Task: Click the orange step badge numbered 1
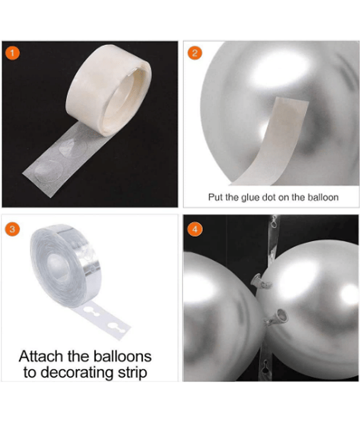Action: pyautogui.click(x=12, y=53)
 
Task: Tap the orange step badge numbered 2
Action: pyautogui.click(x=194, y=53)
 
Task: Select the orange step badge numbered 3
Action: pyautogui.click(x=12, y=229)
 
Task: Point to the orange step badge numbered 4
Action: pyautogui.click(x=194, y=229)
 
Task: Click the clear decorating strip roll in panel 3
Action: pyautogui.click(x=66, y=265)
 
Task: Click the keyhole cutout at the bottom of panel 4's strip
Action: pyautogui.click(x=266, y=366)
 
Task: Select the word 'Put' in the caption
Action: pyautogui.click(x=216, y=197)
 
